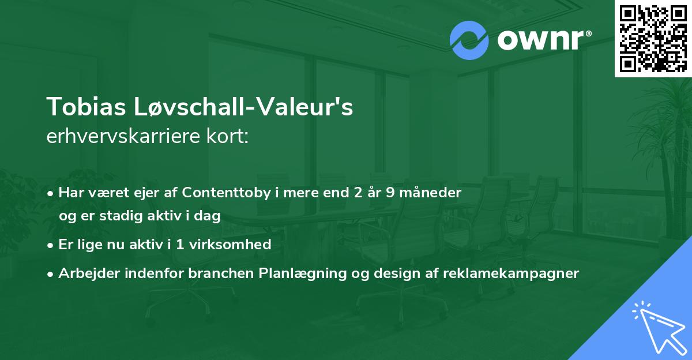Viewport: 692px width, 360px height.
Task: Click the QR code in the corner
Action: coord(653,39)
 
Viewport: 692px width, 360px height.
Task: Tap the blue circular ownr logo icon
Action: coord(469,40)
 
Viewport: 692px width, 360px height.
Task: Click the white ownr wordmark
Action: coord(544,40)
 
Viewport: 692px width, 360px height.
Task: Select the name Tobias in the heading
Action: coord(86,107)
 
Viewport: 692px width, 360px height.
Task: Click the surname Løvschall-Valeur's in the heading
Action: coord(243,107)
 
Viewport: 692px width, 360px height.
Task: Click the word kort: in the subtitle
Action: coord(227,136)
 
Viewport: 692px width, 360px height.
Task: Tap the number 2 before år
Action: coord(358,193)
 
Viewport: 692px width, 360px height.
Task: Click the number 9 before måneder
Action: coord(390,193)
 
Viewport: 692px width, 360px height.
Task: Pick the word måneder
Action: coord(430,192)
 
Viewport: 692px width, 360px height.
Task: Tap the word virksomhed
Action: coord(230,245)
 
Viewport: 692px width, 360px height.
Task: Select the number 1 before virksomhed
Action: coord(180,245)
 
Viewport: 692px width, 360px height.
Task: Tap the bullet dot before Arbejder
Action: coord(50,274)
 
